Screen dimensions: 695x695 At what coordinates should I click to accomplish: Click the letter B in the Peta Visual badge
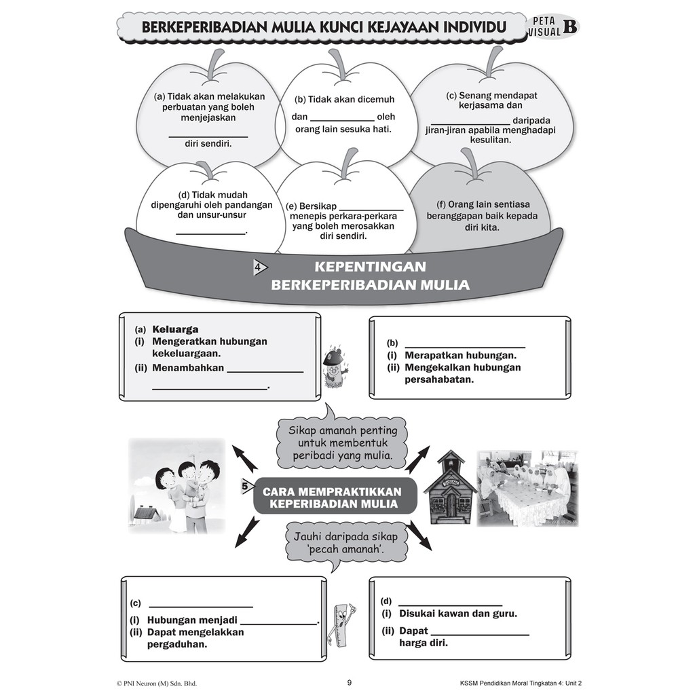pos(569,26)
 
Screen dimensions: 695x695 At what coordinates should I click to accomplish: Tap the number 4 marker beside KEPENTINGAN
pos(259,267)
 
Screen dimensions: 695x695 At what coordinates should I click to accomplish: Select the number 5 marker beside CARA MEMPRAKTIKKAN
pos(244,486)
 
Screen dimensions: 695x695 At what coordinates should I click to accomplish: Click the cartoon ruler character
pos(344,624)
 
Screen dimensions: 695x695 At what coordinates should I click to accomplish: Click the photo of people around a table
pos(527,487)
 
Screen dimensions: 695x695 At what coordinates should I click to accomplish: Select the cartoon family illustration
pos(178,486)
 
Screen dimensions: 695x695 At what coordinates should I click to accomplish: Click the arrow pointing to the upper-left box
pos(245,459)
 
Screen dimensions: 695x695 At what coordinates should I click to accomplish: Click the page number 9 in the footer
pos(349,683)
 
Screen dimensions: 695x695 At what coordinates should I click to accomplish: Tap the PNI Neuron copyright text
pos(157,683)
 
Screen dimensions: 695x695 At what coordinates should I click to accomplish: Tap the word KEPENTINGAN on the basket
pos(371,267)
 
